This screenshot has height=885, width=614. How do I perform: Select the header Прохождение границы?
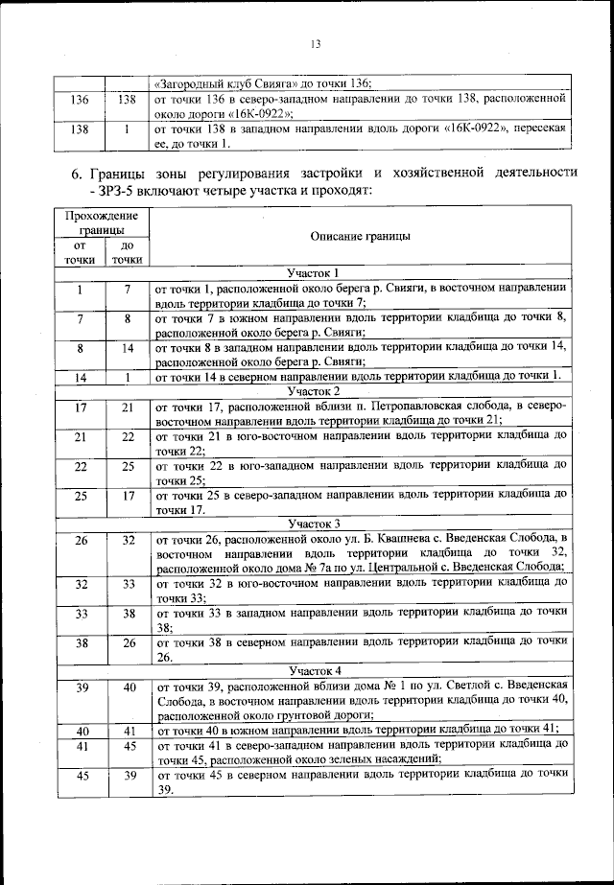pos(102,222)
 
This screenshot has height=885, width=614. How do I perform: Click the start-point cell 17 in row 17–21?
pos(80,407)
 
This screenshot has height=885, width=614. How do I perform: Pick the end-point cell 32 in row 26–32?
pos(127,540)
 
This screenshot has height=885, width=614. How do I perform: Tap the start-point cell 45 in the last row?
pos(80,774)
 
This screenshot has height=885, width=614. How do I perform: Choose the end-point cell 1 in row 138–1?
pos(127,128)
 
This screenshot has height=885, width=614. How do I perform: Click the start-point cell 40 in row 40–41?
pos(80,730)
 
